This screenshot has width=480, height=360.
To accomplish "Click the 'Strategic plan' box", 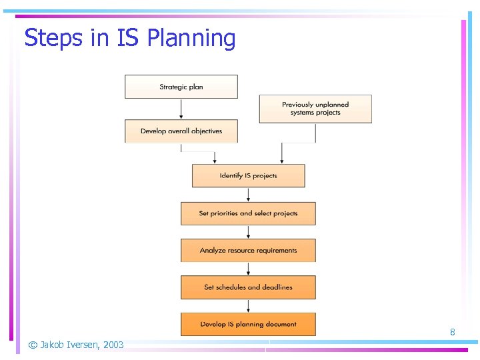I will [x=181, y=87].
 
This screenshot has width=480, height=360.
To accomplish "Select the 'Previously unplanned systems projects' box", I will [x=315, y=109].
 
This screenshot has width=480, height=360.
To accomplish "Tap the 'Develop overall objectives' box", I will [x=181, y=131].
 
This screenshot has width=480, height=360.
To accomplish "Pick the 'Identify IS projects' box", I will [x=248, y=175].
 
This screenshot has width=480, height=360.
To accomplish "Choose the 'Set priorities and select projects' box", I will [x=248, y=213].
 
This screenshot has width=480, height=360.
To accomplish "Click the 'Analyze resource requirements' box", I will [x=248, y=251].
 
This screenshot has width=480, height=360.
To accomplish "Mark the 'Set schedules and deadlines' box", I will [x=248, y=287].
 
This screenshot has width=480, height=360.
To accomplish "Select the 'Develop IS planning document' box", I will [x=248, y=324].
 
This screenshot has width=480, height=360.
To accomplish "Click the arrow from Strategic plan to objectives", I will [x=181, y=109].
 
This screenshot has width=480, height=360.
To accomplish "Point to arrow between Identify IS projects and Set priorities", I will [x=249, y=195].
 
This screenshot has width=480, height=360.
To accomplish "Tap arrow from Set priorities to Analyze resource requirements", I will [x=249, y=232].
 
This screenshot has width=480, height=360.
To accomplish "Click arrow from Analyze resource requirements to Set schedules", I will [x=249, y=269].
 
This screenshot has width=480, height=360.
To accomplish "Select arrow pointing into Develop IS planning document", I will [x=249, y=306].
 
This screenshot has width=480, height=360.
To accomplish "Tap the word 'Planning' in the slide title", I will [x=191, y=39].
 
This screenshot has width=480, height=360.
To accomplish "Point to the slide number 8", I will [x=453, y=332].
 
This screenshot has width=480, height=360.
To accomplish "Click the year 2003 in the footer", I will [x=113, y=345].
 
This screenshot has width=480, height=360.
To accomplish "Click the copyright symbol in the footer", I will [x=32, y=345].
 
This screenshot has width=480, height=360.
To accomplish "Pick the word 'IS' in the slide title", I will [x=128, y=39].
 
